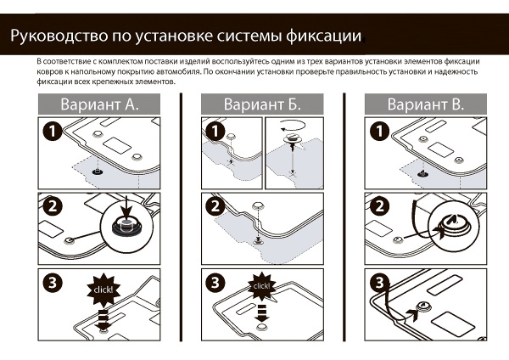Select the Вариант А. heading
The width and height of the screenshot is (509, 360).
click(x=98, y=104)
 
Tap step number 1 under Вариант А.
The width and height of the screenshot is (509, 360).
click(x=52, y=132)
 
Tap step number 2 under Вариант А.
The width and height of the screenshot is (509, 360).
click(x=52, y=206)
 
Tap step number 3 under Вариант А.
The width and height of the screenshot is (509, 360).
click(x=52, y=281)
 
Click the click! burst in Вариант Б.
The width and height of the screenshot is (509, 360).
click(x=261, y=286)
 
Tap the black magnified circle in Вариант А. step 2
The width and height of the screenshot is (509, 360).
click(x=126, y=228)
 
